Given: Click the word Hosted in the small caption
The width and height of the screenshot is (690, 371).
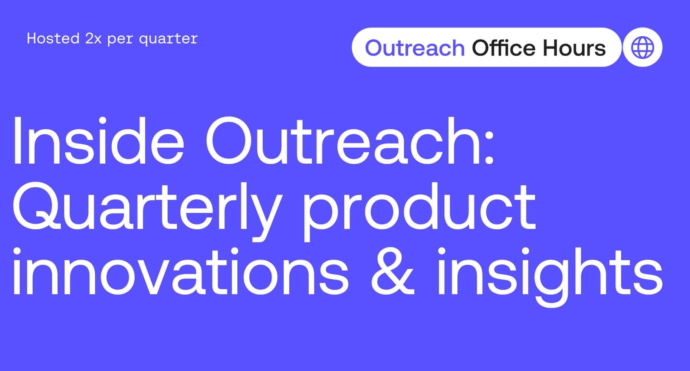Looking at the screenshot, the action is click(53, 39).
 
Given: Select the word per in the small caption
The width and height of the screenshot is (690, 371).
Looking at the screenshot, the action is click(120, 40).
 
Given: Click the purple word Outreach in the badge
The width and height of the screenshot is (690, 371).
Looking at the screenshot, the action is click(415, 48).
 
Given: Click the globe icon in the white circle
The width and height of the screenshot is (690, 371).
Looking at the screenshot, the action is click(643, 47).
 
